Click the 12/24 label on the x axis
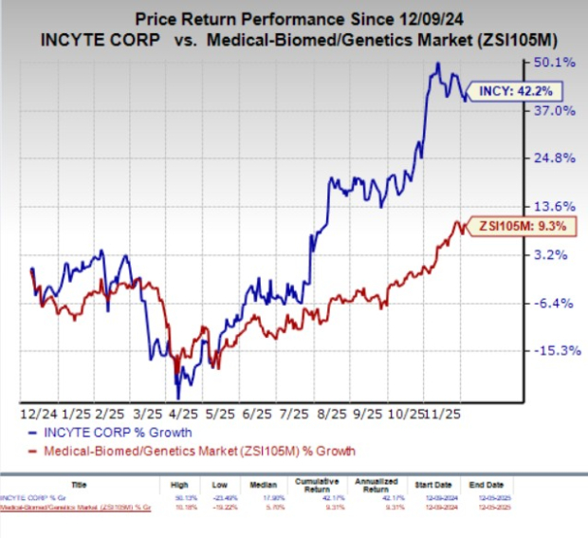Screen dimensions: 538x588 pos(37,416)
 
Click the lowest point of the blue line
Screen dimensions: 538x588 pos(177,397)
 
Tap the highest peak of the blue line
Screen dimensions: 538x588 pos(437,64)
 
